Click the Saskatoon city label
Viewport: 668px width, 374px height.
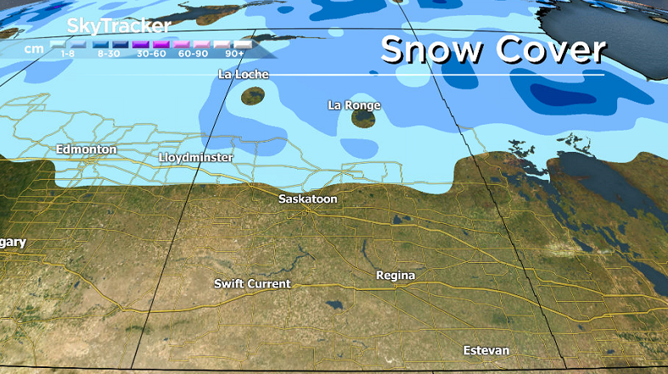point(308,198)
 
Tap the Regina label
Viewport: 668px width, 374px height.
point(396,276)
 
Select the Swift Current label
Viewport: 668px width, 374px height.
point(252,283)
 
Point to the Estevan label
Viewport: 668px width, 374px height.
point(486,350)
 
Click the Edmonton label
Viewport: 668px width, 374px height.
point(86,149)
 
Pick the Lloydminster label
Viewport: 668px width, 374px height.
point(195,158)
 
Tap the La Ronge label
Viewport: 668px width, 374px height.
point(354,105)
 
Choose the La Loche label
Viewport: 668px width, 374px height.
point(243,75)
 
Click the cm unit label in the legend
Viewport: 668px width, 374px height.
point(34,47)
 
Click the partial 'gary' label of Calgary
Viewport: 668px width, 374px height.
point(13,243)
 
